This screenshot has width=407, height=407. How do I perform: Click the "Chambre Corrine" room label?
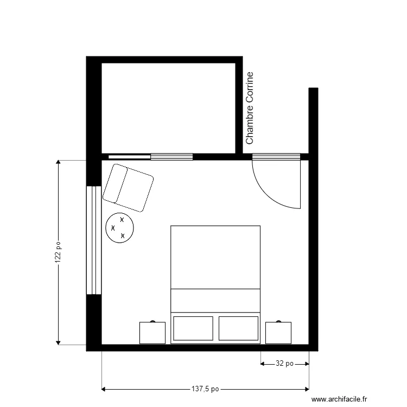click(x=250, y=109)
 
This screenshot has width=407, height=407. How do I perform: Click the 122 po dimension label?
click(x=59, y=253)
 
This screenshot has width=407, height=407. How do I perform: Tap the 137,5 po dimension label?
click(x=205, y=389)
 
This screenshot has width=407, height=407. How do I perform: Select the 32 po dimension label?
click(x=285, y=364)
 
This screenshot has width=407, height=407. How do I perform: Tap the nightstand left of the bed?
click(x=152, y=333)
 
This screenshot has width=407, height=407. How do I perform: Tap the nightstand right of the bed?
click(x=278, y=333)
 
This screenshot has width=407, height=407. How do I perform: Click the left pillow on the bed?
click(x=193, y=328)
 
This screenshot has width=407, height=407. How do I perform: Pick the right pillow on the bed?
click(x=239, y=328)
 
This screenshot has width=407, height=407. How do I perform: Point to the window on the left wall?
click(x=94, y=240)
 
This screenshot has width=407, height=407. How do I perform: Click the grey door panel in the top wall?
click(x=276, y=157)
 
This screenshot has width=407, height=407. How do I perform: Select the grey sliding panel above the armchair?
click(x=171, y=157)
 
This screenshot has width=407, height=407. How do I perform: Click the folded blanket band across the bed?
click(x=215, y=301)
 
